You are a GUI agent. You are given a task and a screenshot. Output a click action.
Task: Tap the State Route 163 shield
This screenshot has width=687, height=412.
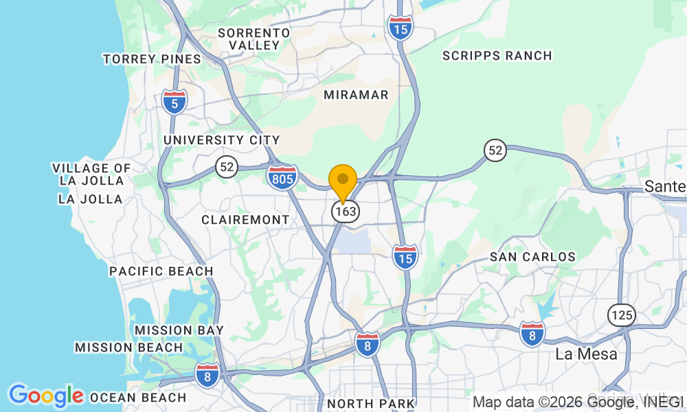[345, 211]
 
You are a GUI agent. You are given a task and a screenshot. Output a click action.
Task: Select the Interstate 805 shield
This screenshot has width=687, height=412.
[282, 177]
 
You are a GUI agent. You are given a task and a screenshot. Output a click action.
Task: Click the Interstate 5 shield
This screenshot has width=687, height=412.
[174, 102]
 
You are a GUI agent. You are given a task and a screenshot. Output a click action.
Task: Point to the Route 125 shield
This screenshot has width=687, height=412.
[621, 315]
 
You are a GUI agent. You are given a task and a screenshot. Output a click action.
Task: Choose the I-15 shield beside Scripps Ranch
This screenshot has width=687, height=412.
[400, 27]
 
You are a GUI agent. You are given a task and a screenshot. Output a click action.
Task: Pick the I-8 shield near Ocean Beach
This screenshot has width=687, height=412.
[207, 375]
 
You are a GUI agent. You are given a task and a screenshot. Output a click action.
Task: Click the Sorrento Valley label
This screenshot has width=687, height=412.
[254, 38]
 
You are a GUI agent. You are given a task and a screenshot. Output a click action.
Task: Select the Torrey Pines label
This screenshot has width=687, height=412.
[152, 59]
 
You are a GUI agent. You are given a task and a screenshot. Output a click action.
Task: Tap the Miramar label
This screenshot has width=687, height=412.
[356, 95]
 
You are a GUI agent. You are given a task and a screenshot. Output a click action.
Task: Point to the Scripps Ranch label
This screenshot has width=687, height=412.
[497, 56]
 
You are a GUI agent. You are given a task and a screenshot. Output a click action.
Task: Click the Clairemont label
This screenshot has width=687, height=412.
[245, 220]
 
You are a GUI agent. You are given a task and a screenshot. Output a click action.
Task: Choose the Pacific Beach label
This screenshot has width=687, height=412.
[161, 271]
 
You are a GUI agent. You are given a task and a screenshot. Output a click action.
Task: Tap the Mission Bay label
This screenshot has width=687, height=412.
[179, 330]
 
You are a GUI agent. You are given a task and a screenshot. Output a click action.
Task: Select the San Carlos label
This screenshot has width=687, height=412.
[532, 257]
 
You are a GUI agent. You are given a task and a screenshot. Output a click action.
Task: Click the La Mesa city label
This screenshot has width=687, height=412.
[586, 354]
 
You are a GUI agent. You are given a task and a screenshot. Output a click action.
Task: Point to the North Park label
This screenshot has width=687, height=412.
[371, 403]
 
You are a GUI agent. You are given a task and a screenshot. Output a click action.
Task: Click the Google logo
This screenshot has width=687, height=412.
[46, 396]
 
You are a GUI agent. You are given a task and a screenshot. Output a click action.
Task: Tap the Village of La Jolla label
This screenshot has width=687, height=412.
[91, 174]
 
